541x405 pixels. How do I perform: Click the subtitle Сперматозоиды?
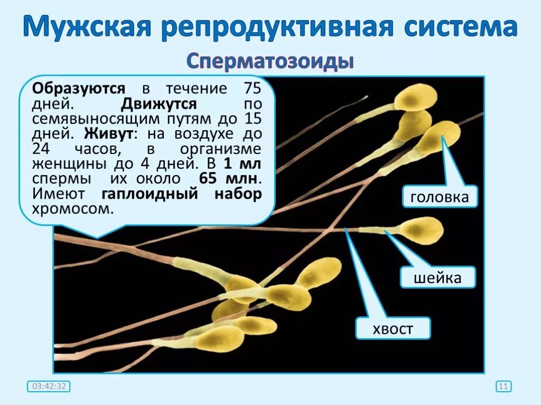tap(270, 62)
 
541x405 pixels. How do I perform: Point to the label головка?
tap(440, 197)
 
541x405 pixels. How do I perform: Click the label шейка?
tap(437, 277)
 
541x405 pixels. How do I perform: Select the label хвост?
tap(393, 330)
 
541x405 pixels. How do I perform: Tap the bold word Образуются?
tap(79, 88)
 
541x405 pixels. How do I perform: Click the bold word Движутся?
tap(159, 103)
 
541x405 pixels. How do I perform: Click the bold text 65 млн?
tap(230, 178)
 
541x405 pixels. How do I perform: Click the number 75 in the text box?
tap(251, 88)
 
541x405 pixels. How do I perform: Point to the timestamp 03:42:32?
tap(49, 387)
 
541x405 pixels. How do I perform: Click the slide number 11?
tap(503, 387)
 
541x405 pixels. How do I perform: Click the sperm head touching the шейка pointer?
tap(420, 230)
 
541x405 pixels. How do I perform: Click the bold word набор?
tap(238, 194)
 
